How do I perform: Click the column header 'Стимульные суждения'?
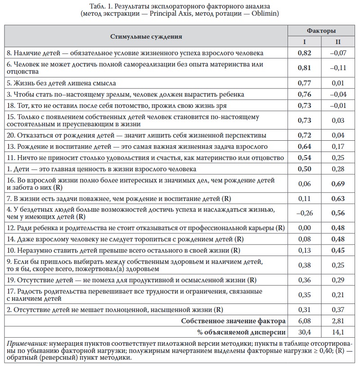147,36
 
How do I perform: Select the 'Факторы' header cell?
321,31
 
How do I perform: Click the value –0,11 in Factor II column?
337,68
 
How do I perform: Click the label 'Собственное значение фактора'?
233,321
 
